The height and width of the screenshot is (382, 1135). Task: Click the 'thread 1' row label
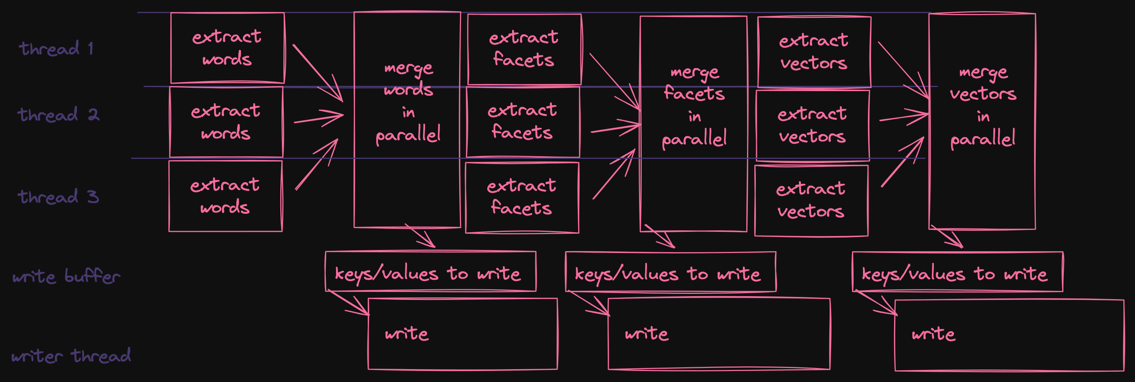click(56, 48)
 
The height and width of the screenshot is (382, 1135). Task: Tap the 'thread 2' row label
click(58, 115)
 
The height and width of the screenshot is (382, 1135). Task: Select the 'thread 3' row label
click(58, 197)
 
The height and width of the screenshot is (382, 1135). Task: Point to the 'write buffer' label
click(66, 276)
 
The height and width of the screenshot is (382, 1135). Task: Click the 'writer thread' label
click(71, 356)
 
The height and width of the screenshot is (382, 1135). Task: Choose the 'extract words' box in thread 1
click(227, 48)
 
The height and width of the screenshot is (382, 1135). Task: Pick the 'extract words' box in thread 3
click(225, 196)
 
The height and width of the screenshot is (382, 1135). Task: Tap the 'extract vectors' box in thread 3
click(811, 200)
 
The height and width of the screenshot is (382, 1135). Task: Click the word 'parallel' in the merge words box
click(408, 135)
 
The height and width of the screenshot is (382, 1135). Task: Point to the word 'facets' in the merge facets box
click(694, 93)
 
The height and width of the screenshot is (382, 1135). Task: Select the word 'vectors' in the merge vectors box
click(983, 94)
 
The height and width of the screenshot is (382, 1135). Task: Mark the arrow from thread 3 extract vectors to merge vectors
click(902, 163)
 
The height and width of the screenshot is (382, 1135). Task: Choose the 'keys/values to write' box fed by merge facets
click(671, 272)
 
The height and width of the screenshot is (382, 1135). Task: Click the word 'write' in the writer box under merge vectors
click(933, 334)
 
